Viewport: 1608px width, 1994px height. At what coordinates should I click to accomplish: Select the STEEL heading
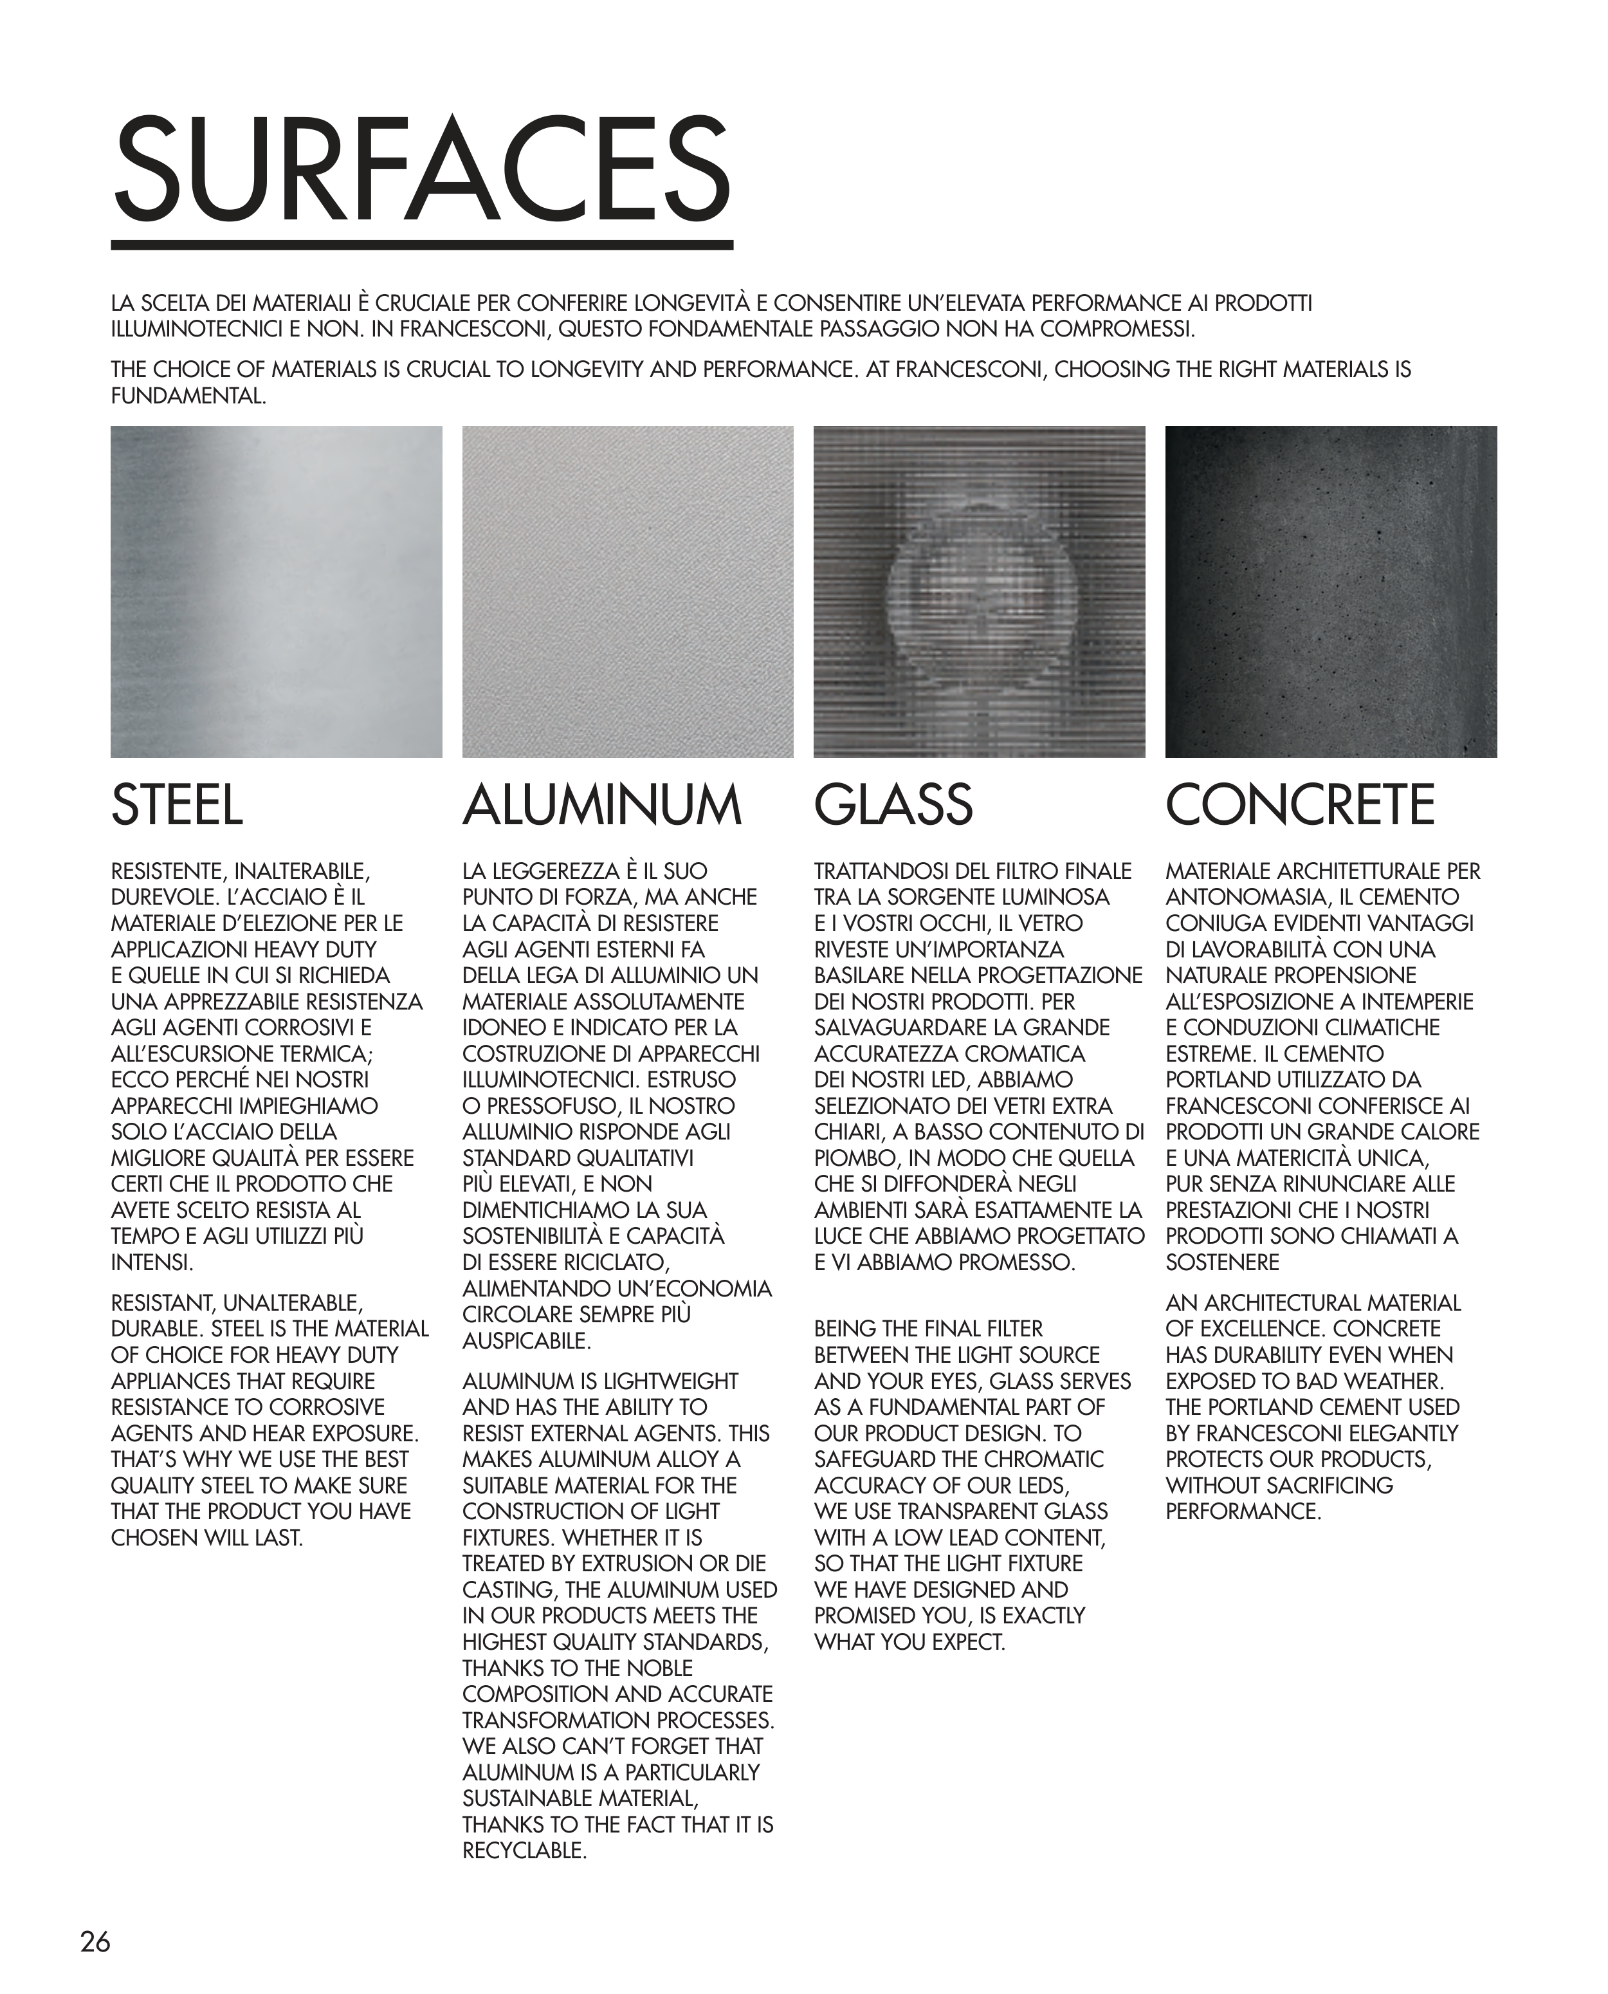point(177,804)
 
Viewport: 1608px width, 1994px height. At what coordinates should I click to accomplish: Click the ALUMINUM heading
point(602,804)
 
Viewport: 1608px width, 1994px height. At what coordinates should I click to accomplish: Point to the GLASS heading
point(893,804)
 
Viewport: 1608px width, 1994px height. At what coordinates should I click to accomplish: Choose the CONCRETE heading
point(1299,804)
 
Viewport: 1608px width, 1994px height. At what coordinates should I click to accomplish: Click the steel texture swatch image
point(276,591)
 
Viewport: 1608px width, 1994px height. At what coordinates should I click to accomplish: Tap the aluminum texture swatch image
point(627,591)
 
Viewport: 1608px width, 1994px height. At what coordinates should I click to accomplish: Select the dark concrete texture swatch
point(1330,591)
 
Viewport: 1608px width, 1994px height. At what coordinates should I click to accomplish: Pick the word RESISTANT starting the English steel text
point(162,1303)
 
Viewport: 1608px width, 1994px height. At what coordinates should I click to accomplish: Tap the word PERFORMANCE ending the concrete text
point(1241,1511)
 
